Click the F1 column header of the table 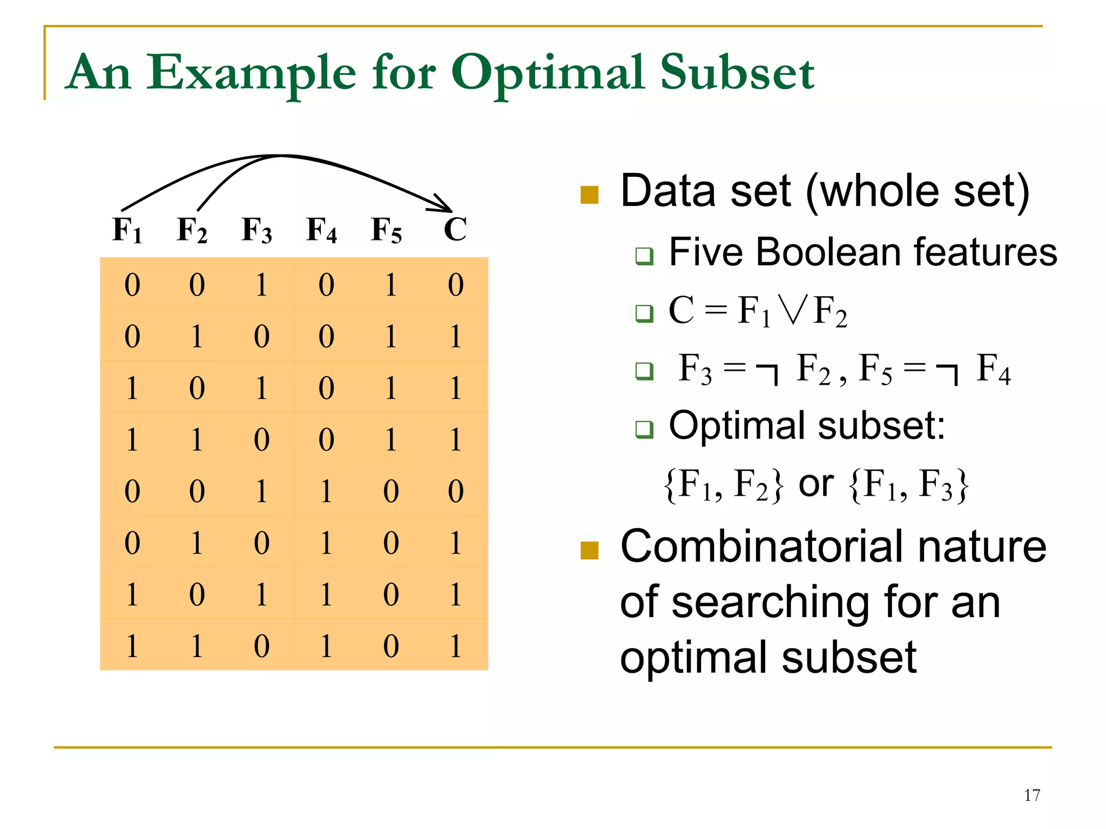(127, 230)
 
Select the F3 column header (257, 230)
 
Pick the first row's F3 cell (261, 285)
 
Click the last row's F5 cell (391, 646)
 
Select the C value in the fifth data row (456, 491)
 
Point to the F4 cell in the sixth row (326, 543)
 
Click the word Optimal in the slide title (548, 73)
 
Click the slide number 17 (1031, 795)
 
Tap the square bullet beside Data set (589, 195)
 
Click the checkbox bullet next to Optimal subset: (644, 429)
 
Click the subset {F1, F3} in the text (909, 485)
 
